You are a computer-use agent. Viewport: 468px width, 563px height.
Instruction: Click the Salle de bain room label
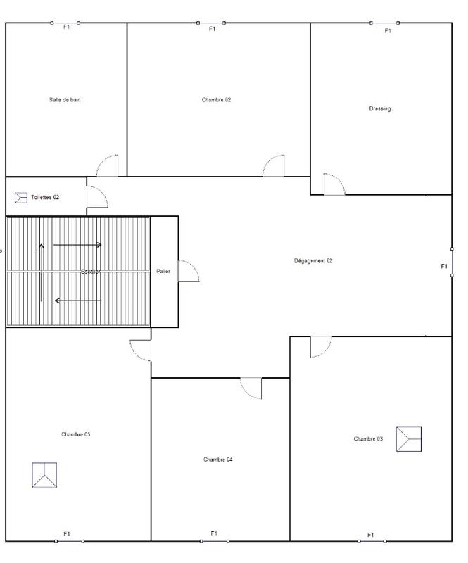(65, 100)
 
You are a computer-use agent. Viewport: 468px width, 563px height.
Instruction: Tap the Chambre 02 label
(216, 100)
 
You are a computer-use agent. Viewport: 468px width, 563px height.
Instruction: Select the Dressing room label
(380, 109)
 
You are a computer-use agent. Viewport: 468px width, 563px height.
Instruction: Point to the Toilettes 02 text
(45, 198)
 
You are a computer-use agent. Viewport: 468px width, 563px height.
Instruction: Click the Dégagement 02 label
(313, 261)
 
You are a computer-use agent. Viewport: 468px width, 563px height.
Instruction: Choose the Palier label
(163, 272)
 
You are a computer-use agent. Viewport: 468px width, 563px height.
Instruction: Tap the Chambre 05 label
(75, 435)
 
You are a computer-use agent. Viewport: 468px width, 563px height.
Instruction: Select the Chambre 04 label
(217, 460)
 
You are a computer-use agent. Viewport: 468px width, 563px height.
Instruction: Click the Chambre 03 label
(368, 439)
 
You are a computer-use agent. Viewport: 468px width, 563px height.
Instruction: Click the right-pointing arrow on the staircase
(78, 245)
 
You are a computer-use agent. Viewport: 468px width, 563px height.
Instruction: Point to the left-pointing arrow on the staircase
(78, 301)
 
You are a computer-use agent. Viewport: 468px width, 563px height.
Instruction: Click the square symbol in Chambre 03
(408, 439)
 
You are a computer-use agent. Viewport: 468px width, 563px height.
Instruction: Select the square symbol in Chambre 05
(44, 475)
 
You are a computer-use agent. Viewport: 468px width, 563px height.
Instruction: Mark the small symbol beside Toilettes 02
(20, 198)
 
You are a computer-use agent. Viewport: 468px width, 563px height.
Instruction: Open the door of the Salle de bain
(108, 166)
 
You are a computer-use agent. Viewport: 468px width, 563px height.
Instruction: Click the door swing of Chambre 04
(251, 388)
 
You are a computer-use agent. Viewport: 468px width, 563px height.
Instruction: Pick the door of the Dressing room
(334, 184)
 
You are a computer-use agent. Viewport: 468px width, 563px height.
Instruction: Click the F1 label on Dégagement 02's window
(444, 267)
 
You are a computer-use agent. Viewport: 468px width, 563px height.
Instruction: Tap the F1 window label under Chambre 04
(213, 533)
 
